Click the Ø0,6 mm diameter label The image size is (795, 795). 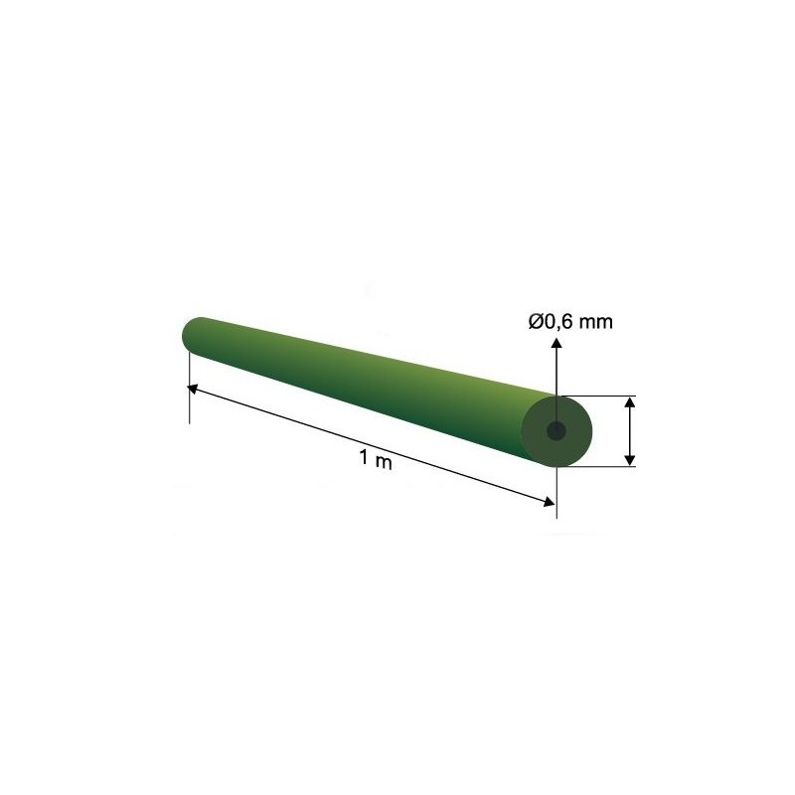570,321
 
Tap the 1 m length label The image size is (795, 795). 376,460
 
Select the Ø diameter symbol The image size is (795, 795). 536,321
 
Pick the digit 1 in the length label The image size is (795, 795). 364,458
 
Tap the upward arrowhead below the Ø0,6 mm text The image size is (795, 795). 556,343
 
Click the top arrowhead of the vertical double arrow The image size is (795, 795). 630,402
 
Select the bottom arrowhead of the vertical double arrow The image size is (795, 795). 630,459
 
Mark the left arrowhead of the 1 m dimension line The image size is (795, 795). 193,389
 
